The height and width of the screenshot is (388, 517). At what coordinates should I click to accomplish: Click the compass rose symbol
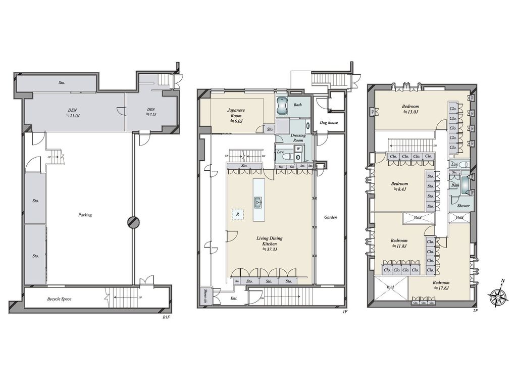coord(498,297)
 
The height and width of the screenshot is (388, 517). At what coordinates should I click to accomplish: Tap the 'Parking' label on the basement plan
coord(85,215)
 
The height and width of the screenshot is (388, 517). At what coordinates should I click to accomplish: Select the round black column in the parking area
coord(132,222)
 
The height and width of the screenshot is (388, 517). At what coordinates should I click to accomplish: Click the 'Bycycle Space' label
coord(59,299)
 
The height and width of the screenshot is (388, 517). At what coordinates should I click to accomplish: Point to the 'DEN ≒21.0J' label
coord(75,112)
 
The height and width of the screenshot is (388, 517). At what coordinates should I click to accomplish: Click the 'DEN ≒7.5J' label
coord(151,112)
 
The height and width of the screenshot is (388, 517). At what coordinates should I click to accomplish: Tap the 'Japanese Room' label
coord(236,115)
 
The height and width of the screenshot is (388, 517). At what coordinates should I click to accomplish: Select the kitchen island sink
coord(258,202)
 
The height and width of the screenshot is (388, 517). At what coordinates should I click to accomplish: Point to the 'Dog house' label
coord(329,122)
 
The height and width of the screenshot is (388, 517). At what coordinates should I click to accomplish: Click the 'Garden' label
coord(331,217)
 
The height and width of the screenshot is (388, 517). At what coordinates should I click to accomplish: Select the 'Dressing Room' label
coord(298,138)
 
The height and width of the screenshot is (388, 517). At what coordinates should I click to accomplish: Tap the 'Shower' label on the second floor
coord(463,206)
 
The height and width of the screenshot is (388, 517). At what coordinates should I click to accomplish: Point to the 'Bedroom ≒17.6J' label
coord(441,285)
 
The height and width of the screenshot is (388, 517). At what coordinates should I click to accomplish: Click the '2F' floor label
coord(475,312)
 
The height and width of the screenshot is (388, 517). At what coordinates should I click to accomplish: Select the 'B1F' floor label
coord(166,316)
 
